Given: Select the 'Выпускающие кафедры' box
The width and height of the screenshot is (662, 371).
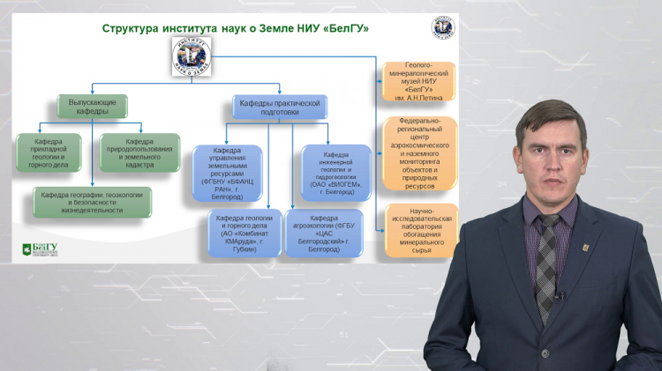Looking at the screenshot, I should (92, 108).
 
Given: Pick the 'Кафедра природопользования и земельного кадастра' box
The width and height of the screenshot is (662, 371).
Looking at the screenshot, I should (139, 152).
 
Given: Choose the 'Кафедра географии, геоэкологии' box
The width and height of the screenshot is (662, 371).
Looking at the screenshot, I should (92, 201).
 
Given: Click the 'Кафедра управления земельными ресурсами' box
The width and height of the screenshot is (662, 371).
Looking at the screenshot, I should (228, 173).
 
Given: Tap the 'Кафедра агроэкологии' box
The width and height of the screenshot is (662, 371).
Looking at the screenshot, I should (324, 234).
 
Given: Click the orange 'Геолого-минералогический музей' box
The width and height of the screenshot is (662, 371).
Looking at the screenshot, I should (419, 81).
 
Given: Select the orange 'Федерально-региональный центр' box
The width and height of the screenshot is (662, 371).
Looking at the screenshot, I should (420, 155).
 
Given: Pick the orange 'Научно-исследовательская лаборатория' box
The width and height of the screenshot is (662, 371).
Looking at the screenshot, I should (421, 230).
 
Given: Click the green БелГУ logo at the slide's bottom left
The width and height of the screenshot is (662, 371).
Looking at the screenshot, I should (39, 249).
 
